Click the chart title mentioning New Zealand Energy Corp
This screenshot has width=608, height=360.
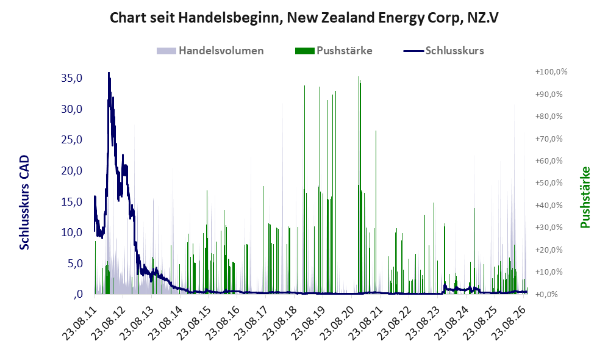click(304, 18)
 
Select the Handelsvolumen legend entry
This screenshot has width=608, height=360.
click(210, 51)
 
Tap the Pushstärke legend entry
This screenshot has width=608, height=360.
click(334, 51)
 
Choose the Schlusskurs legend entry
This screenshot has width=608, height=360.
click(443, 51)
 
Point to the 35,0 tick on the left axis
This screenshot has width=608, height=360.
click(72, 78)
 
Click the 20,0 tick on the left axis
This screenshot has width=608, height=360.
click(72, 170)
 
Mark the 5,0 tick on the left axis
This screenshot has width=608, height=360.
click(75, 264)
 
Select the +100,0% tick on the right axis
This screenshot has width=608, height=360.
click(551, 72)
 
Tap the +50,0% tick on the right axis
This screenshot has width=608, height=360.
click(549, 182)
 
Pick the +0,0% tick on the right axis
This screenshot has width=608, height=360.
click(547, 294)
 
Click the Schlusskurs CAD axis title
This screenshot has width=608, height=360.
click(24, 202)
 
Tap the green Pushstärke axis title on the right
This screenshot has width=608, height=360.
click(585, 197)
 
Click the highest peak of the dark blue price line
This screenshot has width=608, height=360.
click(109, 73)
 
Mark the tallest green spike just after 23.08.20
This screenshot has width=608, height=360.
click(359, 77)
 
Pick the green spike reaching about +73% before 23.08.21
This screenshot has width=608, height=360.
click(376, 131)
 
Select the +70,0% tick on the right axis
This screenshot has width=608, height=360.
click(549, 139)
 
